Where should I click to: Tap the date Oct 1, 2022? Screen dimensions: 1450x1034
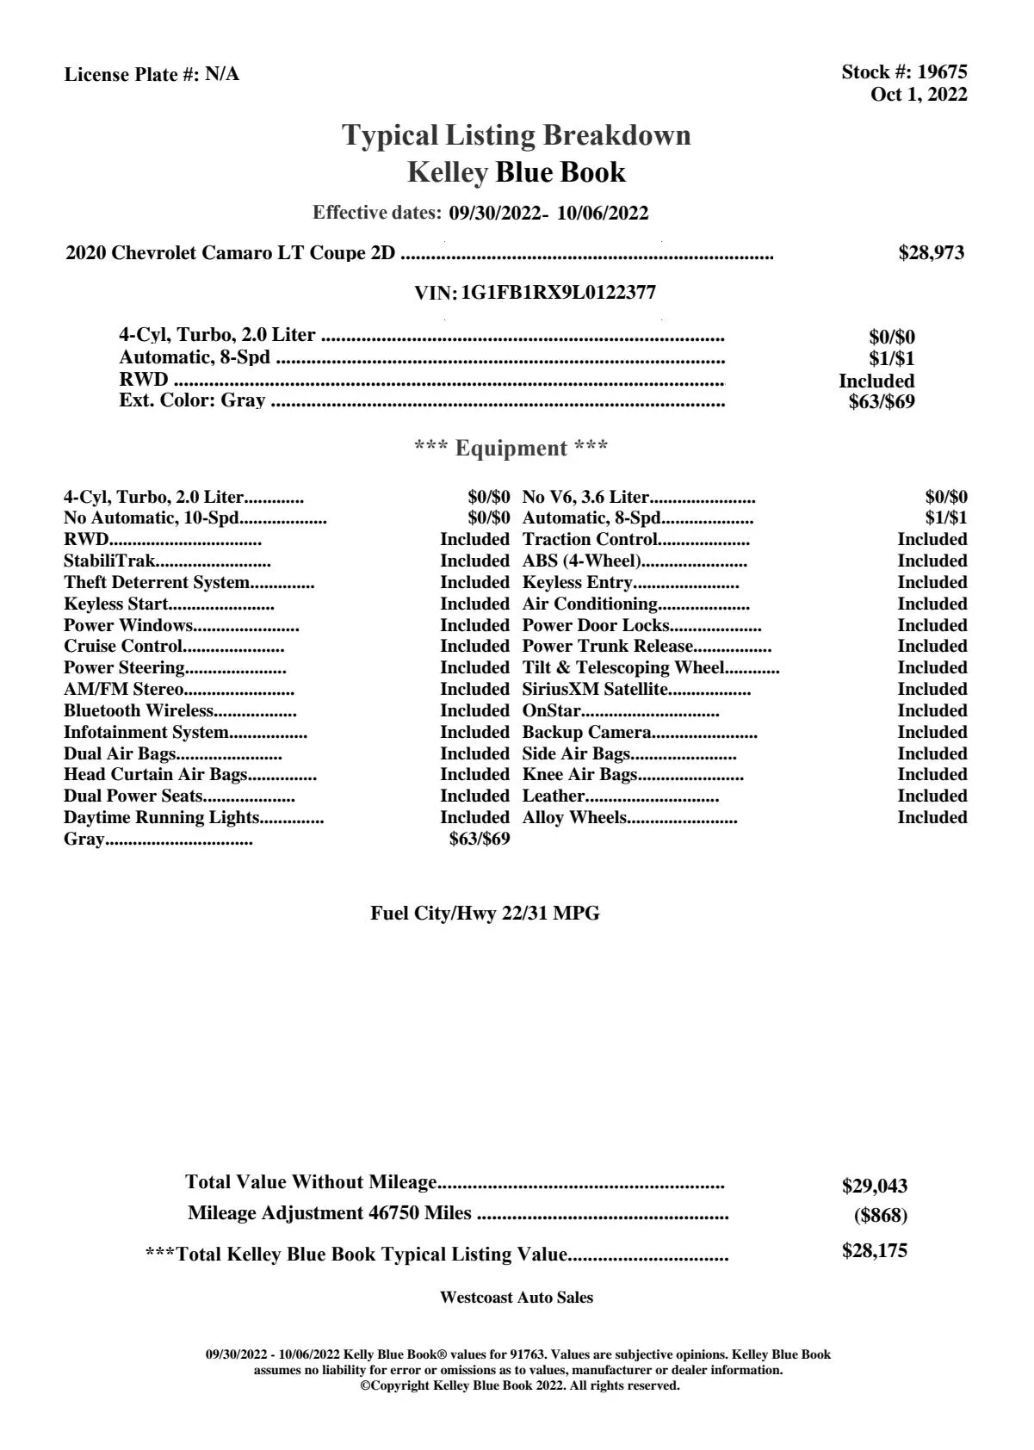[919, 95]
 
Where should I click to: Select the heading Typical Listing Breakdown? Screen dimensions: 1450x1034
[517, 135]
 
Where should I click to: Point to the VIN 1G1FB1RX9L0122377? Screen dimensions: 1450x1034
[558, 293]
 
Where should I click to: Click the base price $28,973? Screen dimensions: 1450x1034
[931, 253]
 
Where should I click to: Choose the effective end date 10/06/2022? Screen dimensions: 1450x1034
[603, 214]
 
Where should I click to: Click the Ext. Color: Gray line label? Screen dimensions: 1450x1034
[192, 400]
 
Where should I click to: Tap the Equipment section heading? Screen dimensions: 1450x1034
[511, 449]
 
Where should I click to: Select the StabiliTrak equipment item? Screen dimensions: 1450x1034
[109, 561]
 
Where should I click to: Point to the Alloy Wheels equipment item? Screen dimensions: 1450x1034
[574, 818]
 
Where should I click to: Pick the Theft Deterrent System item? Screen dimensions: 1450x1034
[157, 583]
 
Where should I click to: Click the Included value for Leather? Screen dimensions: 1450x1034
[932, 796]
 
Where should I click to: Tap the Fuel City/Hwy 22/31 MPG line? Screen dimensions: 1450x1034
[485, 914]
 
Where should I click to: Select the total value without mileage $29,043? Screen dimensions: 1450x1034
[875, 1187]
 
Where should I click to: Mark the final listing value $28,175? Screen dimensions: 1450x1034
[875, 1251]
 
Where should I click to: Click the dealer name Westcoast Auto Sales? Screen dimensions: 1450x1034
[516, 1298]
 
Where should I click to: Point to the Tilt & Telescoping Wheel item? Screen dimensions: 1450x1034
[623, 668]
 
